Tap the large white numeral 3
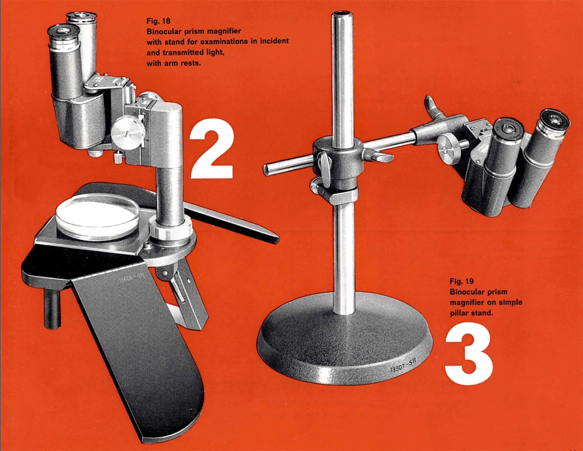[469, 353]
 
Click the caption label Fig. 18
[158, 21]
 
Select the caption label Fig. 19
[461, 281]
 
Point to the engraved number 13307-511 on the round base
[403, 365]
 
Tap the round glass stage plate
[97, 217]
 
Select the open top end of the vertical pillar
[342, 15]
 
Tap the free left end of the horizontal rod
[266, 170]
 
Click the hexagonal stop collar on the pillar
[343, 196]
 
